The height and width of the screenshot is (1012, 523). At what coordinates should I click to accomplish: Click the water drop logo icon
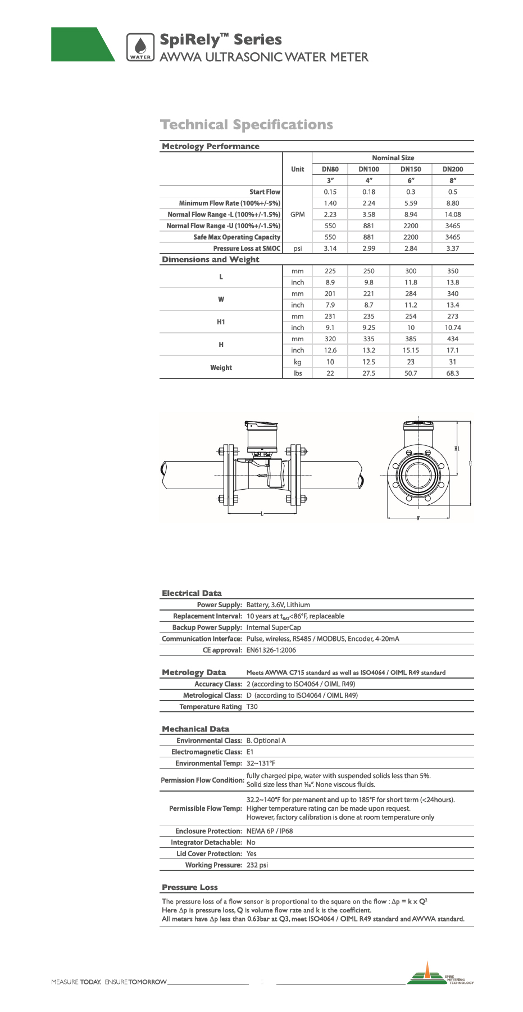140,46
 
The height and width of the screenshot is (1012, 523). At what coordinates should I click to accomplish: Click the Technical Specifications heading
247,125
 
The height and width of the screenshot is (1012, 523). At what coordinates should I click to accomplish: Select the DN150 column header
411,169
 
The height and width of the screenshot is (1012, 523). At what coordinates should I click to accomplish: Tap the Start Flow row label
265,192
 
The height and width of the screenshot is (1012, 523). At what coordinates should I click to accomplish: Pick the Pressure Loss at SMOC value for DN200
452,249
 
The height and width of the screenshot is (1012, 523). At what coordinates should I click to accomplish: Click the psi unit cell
297,249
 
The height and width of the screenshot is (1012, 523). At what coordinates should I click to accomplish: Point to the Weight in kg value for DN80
330,362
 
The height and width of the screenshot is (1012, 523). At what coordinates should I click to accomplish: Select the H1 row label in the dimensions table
221,322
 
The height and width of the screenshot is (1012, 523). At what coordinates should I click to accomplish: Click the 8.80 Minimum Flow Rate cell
452,204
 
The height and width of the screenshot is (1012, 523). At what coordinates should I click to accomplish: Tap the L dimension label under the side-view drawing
262,514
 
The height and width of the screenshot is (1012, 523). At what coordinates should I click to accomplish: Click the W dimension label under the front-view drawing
418,518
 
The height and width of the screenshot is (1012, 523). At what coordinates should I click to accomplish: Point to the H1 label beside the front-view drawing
457,449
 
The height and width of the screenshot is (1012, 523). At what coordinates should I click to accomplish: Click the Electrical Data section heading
192,593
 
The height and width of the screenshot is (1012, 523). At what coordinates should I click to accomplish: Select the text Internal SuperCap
274,627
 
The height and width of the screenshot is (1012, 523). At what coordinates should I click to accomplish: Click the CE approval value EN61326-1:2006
271,650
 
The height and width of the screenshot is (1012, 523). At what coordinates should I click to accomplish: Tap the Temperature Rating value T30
252,707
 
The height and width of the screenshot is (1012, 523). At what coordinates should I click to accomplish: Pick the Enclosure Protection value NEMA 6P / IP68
270,831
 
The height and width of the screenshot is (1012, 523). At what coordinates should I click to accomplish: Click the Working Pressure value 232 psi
257,865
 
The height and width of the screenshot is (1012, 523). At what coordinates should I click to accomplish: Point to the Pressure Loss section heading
189,887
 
